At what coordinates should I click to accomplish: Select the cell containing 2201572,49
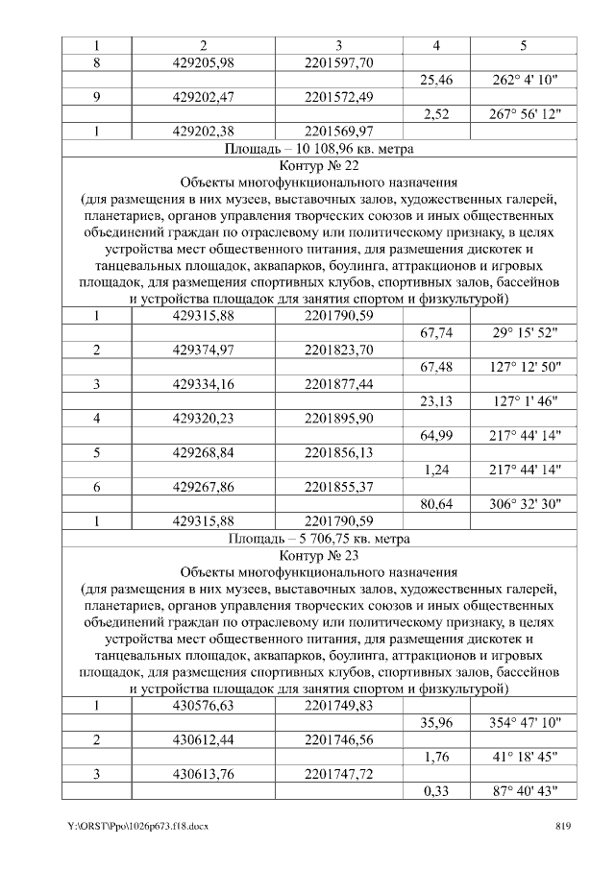[x=338, y=97]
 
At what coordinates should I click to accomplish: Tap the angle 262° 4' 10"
[x=524, y=80]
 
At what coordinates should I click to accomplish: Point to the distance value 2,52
[x=436, y=114]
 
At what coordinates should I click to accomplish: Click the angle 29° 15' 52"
[x=524, y=332]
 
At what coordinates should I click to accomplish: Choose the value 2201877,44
[x=338, y=384]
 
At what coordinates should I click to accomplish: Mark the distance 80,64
[x=436, y=504]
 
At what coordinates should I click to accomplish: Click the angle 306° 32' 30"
[x=524, y=504]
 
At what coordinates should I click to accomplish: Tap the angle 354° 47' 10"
[x=524, y=722]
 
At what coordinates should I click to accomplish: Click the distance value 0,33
[x=436, y=791]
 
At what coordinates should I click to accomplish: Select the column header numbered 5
[x=524, y=45]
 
